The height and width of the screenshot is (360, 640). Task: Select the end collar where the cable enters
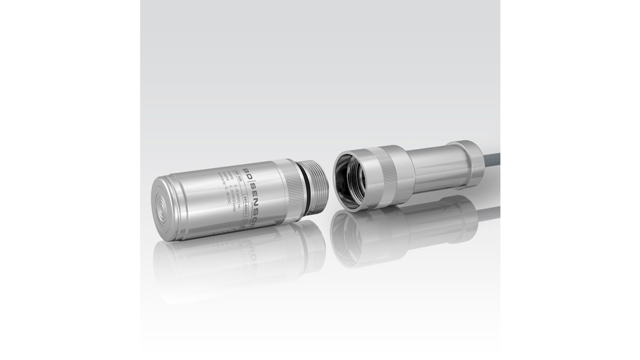tap(465, 163)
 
